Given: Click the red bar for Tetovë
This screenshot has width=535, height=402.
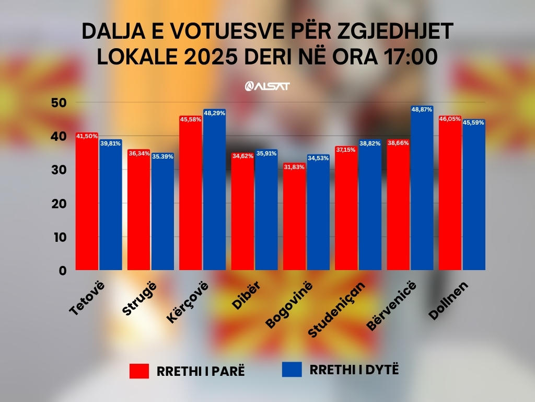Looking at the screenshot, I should (x=87, y=204).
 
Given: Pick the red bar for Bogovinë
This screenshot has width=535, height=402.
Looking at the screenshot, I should (x=295, y=220).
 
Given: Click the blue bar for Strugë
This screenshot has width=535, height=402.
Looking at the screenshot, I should (x=162, y=215).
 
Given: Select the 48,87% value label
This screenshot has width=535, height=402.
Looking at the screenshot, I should (x=422, y=110).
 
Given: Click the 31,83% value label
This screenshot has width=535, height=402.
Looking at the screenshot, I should (x=295, y=166).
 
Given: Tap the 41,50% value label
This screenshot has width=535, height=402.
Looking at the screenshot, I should (x=87, y=136).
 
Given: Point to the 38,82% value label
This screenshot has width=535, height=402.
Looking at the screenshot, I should (x=370, y=143).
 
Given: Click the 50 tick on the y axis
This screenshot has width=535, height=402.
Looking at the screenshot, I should (x=59, y=103).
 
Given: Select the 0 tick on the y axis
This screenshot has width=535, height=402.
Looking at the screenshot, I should (x=63, y=271).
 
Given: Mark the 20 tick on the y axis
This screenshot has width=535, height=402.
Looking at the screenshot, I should (x=59, y=204).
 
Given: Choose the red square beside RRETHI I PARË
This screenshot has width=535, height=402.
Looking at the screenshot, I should (x=139, y=371).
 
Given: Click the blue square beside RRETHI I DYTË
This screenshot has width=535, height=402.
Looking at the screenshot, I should (x=292, y=369).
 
